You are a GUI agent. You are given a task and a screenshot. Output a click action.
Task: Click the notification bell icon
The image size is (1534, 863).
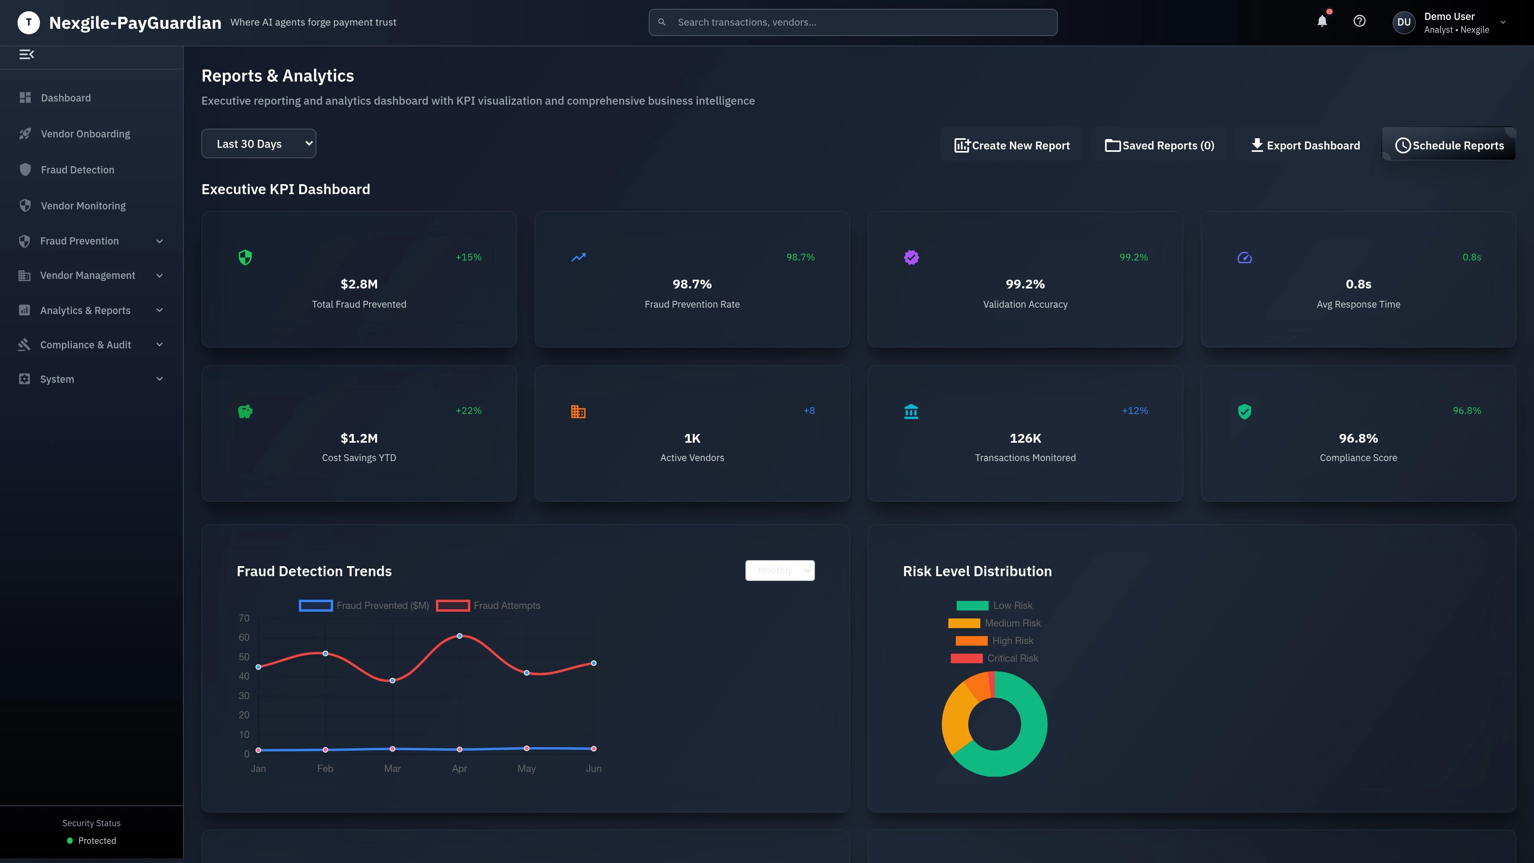click(1321, 22)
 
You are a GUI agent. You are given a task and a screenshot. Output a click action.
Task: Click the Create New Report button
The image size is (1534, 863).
click(1012, 145)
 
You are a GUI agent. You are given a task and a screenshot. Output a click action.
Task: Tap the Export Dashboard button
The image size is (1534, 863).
click(1305, 145)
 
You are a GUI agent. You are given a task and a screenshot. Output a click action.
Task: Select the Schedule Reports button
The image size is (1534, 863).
click(1449, 145)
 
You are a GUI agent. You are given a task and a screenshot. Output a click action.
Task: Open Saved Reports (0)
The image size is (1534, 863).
click(1159, 145)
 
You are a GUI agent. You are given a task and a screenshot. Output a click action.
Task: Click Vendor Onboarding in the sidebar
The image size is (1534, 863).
click(85, 134)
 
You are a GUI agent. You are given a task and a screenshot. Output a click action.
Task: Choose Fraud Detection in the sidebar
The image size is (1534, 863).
click(77, 170)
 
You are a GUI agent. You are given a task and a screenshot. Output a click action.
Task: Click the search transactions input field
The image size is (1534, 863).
click(853, 22)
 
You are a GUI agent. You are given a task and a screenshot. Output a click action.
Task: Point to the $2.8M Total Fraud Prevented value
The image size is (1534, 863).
click(358, 284)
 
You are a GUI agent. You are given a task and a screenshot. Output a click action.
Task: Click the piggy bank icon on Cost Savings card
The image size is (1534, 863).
click(245, 412)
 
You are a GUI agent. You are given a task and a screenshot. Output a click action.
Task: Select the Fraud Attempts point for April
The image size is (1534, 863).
click(459, 636)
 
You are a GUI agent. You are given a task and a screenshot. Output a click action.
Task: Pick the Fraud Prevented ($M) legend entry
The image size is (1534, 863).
click(364, 606)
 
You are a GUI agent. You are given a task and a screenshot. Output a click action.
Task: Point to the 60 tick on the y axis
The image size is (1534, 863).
click(244, 637)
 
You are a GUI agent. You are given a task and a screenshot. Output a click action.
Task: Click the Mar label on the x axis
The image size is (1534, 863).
click(392, 768)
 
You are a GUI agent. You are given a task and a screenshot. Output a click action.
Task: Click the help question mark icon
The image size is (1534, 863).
click(1359, 22)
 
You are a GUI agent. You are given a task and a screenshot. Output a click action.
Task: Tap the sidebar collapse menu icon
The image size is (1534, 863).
click(27, 55)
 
